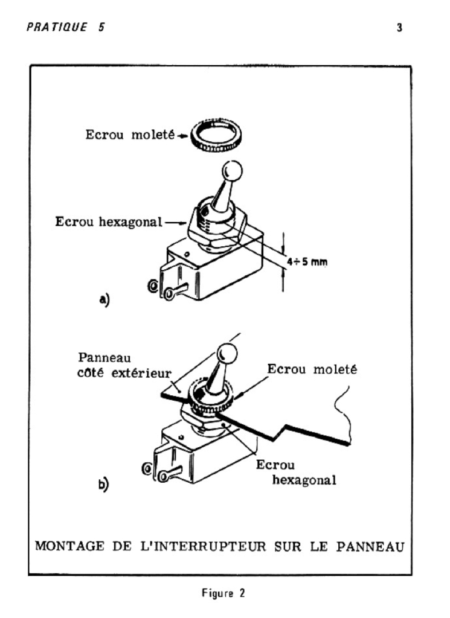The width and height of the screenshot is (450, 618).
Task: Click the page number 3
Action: tap(399, 28)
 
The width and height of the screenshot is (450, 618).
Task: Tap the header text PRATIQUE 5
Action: tap(66, 27)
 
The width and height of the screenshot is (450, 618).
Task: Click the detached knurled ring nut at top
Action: tap(216, 136)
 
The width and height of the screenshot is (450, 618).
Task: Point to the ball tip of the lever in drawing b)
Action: tap(227, 352)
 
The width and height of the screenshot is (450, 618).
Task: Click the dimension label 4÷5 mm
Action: tap(307, 261)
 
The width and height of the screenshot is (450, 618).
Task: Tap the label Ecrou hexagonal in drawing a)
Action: tap(109, 222)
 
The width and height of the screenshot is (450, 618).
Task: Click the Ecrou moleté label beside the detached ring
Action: tap(130, 135)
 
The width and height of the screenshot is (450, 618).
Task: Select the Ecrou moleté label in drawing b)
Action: tap(312, 369)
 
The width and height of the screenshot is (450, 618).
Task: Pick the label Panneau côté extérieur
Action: tap(124, 365)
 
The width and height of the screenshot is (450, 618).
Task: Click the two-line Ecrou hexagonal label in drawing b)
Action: tap(296, 473)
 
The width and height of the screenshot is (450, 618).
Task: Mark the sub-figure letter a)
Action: tap(104, 299)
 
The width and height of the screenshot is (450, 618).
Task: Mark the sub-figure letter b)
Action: tap(103, 484)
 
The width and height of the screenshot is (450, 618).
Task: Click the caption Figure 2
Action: tap(223, 593)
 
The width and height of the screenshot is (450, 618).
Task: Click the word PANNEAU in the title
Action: tap(370, 547)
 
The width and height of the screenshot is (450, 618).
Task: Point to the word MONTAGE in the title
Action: tap(69, 546)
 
